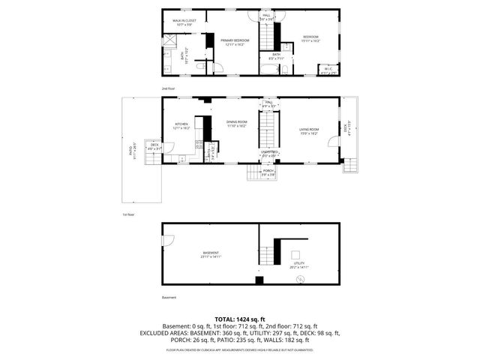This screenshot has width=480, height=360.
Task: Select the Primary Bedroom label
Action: point(237,42)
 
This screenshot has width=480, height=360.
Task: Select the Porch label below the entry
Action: point(268,172)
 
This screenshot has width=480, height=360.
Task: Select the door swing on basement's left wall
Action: point(168,241)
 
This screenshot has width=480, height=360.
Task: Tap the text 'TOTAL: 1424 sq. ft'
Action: point(240,319)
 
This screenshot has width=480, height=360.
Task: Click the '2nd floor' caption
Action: point(168,88)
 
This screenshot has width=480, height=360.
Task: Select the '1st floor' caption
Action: point(128,214)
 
